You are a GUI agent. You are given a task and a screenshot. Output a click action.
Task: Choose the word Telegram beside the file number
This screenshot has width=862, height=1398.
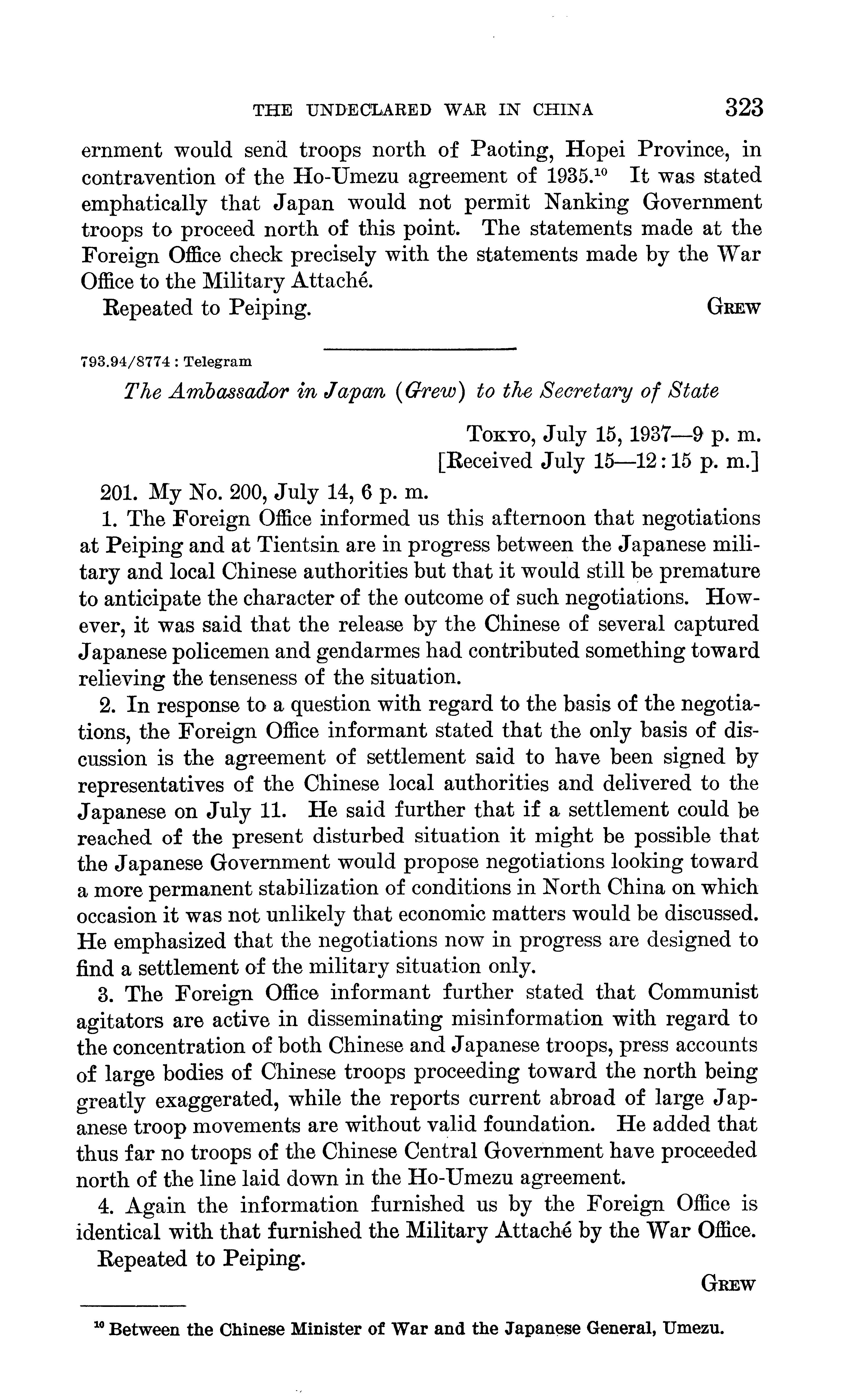[x=218, y=361]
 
